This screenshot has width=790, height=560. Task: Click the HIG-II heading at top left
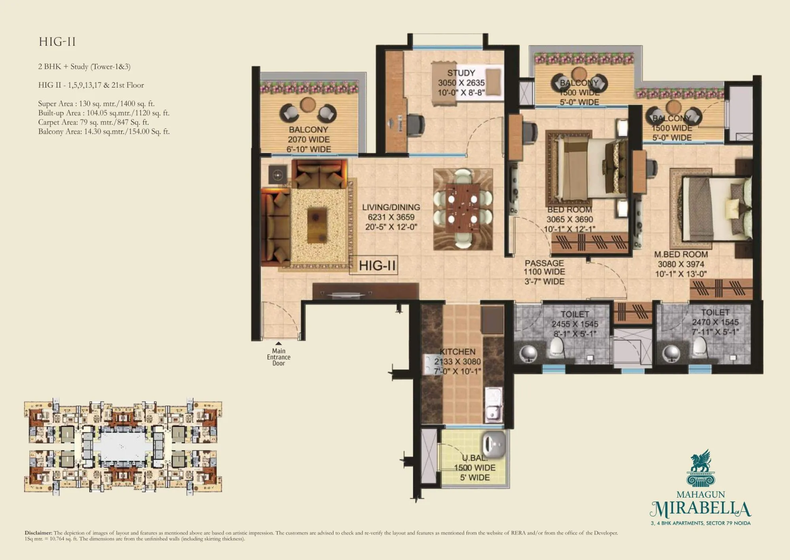click(57, 42)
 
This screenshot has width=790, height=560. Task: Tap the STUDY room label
click(461, 73)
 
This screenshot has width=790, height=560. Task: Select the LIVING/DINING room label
click(391, 208)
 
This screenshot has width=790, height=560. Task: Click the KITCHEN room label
click(457, 352)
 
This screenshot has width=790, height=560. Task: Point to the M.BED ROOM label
click(681, 255)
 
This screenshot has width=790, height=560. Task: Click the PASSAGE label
click(544, 263)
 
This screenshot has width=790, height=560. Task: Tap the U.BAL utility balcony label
click(474, 458)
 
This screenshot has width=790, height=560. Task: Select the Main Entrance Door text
click(278, 357)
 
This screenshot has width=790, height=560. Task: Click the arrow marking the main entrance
click(278, 343)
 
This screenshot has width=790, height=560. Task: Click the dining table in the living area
click(463, 208)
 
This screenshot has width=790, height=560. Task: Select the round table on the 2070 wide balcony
click(308, 104)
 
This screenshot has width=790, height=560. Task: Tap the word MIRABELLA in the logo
click(700, 510)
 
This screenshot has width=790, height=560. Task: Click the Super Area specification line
click(96, 104)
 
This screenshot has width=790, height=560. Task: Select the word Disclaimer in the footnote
click(38, 533)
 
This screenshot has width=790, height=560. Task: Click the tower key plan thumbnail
click(123, 446)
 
